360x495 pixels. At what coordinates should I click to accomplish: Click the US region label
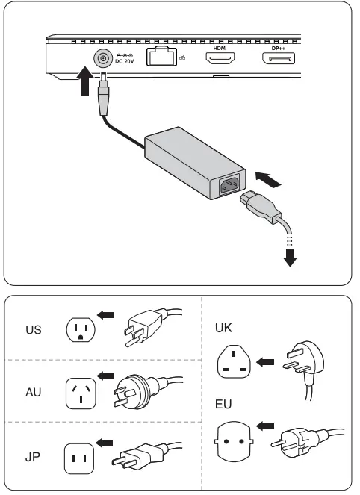pos(34,329)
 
